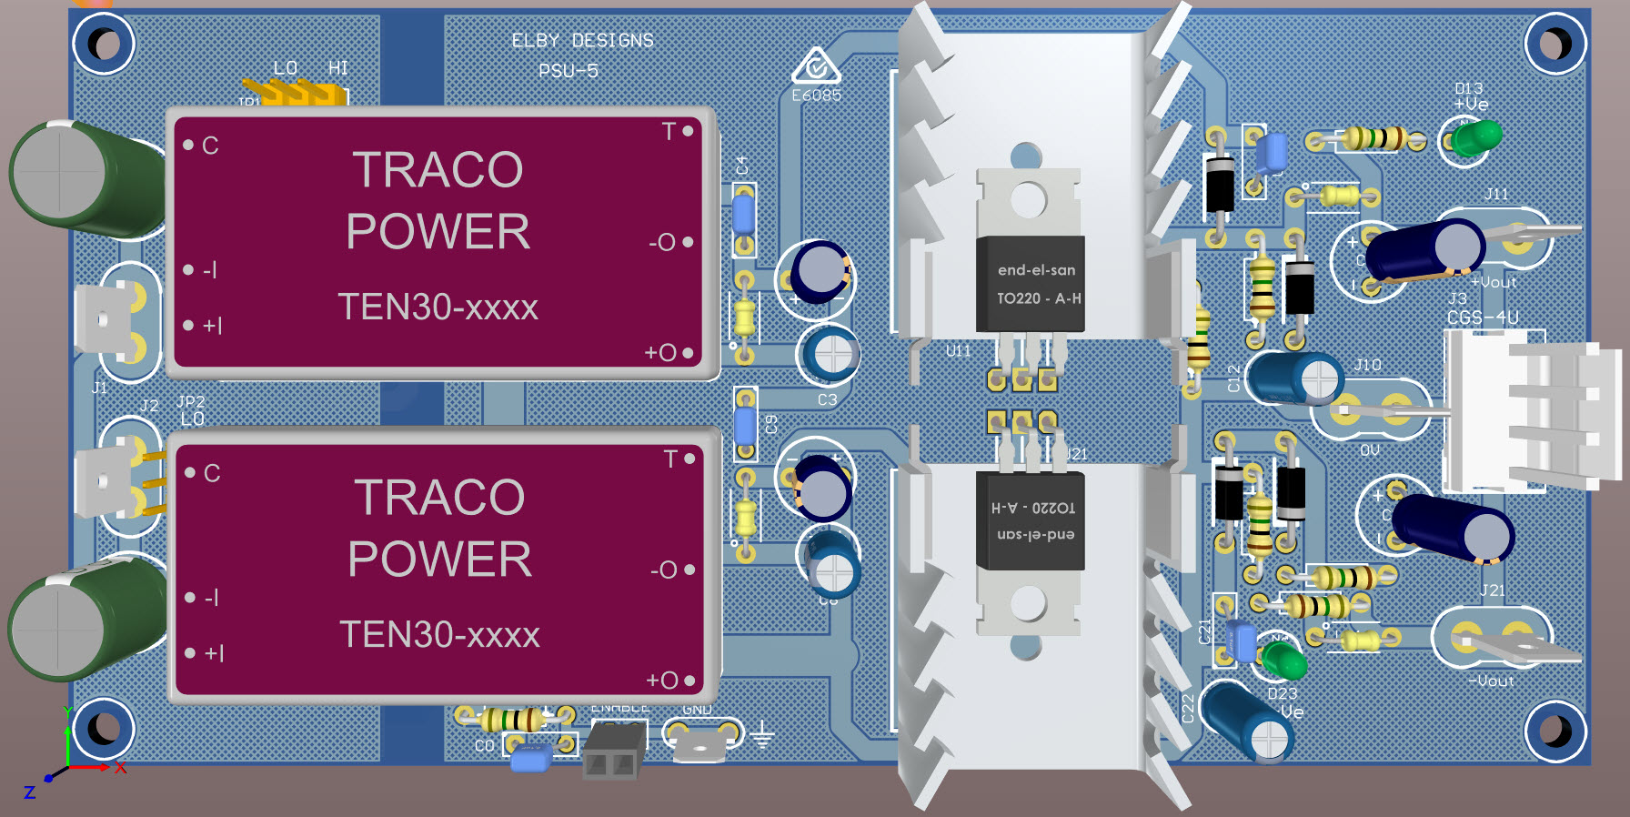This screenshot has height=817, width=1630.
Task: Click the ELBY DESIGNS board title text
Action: click(582, 41)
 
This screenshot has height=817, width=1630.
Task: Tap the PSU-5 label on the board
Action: click(568, 71)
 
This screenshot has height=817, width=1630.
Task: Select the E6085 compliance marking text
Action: click(816, 96)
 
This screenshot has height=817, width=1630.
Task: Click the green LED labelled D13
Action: click(1477, 138)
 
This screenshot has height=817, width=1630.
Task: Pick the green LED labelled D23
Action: click(1283, 659)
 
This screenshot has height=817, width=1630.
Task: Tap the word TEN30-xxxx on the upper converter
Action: click(438, 308)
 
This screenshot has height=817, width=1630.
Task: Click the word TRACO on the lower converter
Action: click(439, 498)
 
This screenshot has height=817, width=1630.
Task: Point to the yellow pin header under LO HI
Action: click(297, 92)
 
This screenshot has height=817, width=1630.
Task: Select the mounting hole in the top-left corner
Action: click(103, 44)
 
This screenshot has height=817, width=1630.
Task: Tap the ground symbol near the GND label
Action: click(761, 735)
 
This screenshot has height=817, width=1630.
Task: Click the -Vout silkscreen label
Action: click(1491, 681)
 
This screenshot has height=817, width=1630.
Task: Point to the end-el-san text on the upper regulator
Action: click(1036, 270)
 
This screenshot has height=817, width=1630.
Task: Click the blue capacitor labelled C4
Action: click(743, 217)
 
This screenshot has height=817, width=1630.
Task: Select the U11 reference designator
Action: click(958, 351)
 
